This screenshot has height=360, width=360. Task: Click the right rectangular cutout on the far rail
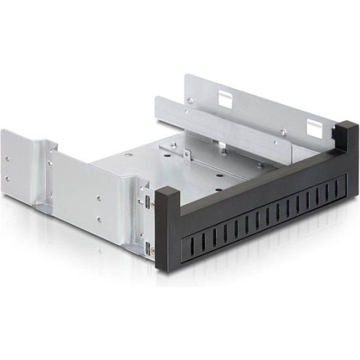tap(312, 124)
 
